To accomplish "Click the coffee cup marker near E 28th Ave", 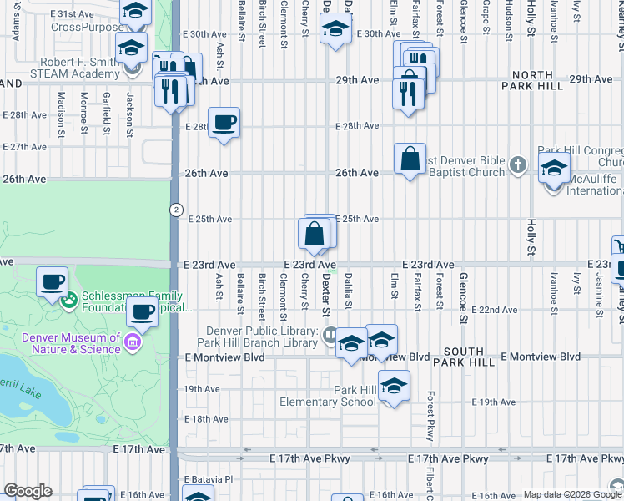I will point(224,124).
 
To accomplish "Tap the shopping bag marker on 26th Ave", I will point(410,159).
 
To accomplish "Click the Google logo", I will point(28,491).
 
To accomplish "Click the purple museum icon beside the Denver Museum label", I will point(132,341).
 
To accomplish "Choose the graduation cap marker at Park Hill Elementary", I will point(394,387).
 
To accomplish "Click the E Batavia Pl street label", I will point(207,478).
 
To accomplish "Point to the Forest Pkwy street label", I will point(430,417).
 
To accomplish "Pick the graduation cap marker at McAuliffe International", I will point(554,168).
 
